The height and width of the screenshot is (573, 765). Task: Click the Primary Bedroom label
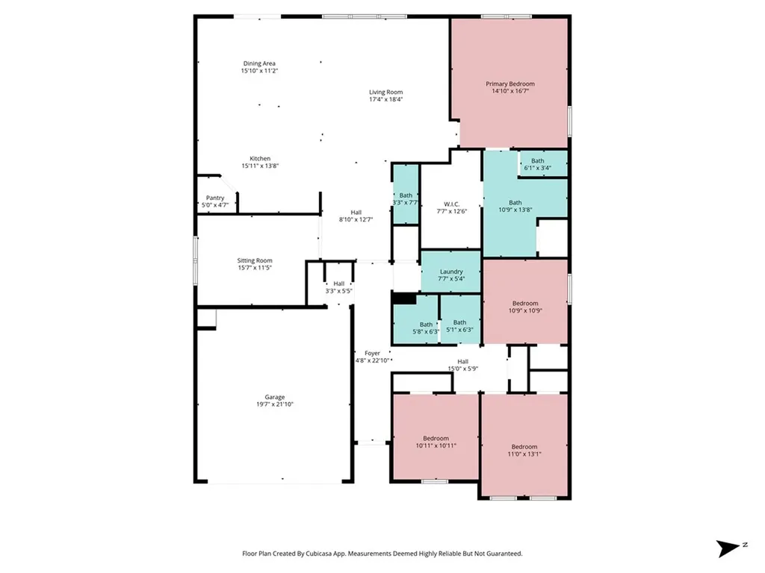(x=510, y=84)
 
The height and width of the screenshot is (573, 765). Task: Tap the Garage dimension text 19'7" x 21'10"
(x=275, y=404)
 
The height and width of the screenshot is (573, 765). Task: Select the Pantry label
(x=214, y=198)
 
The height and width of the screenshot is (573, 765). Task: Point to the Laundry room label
(x=451, y=272)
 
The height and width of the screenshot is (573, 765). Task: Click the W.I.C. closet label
(x=451, y=204)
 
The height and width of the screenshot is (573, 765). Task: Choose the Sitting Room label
(x=255, y=260)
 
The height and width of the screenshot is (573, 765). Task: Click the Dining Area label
(x=259, y=63)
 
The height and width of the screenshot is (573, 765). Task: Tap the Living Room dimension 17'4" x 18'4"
(x=386, y=99)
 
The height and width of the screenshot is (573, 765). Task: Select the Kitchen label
(x=260, y=158)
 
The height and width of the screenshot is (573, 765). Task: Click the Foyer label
(x=372, y=353)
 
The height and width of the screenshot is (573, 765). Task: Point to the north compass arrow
(x=728, y=548)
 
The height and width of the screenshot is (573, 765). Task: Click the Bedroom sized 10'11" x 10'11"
(x=436, y=438)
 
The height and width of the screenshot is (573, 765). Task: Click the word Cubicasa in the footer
(x=321, y=554)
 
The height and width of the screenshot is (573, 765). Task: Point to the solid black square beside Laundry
(x=404, y=298)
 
